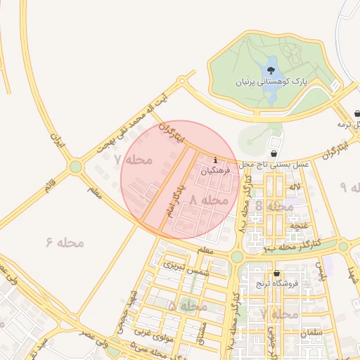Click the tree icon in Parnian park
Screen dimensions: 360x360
(270, 70)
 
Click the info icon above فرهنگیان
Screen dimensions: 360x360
(214, 160)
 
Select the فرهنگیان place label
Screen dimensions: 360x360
(215, 171)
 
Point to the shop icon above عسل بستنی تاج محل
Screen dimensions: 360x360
(274, 153)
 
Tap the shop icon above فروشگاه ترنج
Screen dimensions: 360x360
(276, 274)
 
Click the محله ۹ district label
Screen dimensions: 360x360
(352, 187)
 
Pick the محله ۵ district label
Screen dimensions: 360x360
(188, 307)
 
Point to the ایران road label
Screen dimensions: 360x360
(56, 141)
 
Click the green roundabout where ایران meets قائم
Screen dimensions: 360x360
(75, 167)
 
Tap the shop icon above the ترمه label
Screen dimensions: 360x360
(358, 113)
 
